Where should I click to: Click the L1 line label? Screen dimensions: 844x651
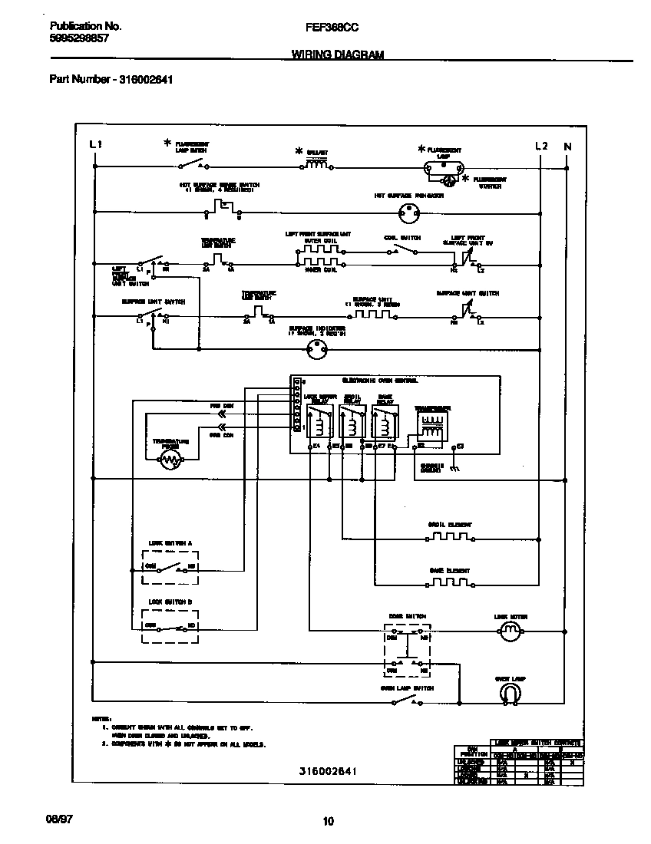(x=95, y=145)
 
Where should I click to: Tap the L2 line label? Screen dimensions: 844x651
(x=541, y=146)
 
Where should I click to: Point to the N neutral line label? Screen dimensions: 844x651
(x=567, y=146)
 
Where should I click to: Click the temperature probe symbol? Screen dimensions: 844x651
(x=170, y=459)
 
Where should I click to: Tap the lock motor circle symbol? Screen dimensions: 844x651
(x=510, y=632)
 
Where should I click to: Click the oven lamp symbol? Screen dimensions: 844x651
(x=510, y=694)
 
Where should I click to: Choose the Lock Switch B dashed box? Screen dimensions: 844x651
(x=170, y=626)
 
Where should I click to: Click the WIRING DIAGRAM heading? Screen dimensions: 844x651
(x=338, y=54)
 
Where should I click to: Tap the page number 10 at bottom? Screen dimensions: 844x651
(x=328, y=822)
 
